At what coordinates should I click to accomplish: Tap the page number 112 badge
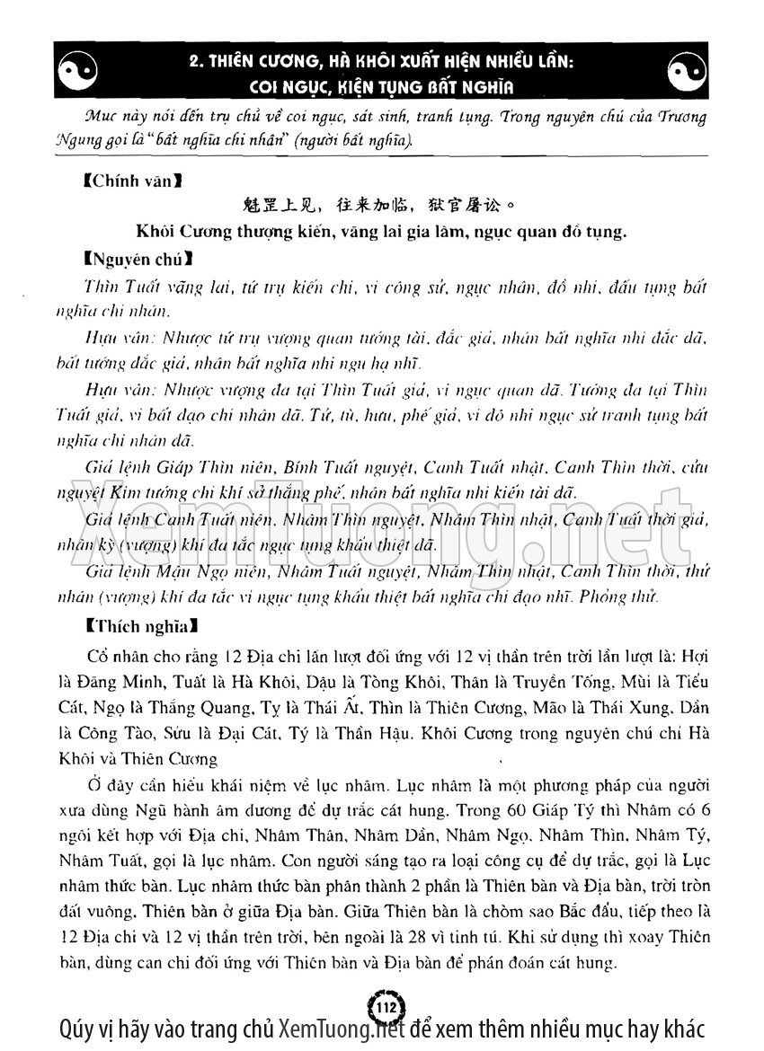coord(382,1003)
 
